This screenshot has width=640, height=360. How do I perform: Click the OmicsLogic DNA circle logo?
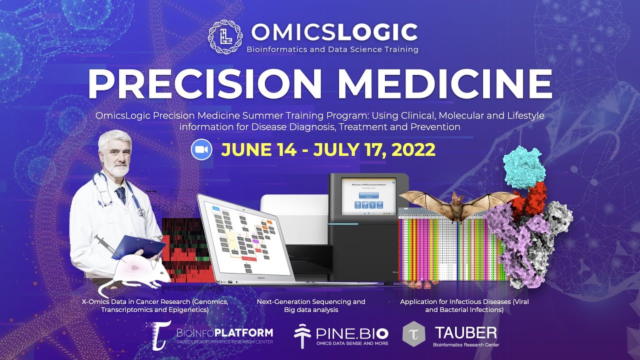click(225, 37)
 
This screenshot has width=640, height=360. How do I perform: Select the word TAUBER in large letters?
click(465, 332)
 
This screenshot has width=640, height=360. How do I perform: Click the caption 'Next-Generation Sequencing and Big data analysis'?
click(311, 305)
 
